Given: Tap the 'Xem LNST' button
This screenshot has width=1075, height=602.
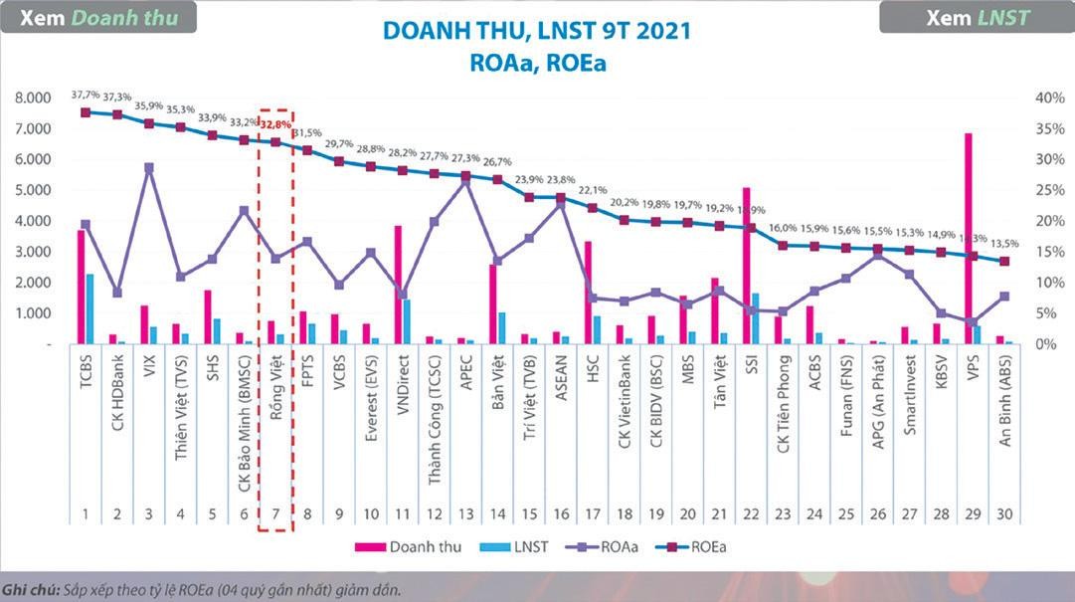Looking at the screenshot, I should (977, 17).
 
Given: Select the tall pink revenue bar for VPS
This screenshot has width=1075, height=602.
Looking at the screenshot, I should (967, 239).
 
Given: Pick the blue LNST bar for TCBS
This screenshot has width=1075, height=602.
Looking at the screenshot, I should (90, 308).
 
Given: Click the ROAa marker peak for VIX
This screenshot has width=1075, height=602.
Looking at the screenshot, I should (148, 167).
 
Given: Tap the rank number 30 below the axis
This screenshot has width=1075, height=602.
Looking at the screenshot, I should (1004, 514).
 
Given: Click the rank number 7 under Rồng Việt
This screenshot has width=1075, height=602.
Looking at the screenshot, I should (274, 514).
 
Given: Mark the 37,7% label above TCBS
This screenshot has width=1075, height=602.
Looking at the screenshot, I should (86, 95).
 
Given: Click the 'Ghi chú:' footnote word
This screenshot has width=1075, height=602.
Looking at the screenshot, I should (27, 589).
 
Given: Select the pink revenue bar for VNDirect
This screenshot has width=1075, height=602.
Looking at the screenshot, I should (398, 285).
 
